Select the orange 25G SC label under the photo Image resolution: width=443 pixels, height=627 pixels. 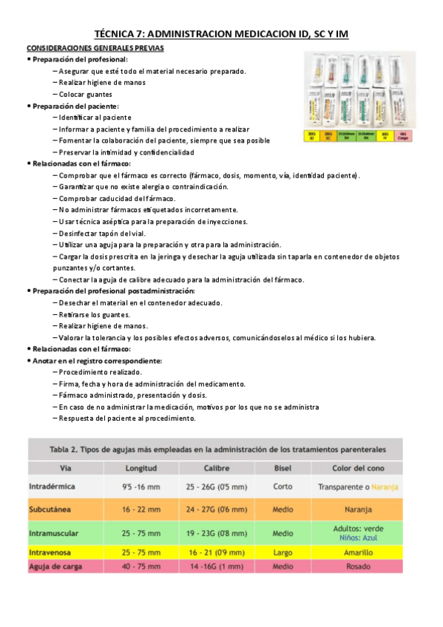327,135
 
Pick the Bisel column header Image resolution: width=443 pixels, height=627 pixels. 283,468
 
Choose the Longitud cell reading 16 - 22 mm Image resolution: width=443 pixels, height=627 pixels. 141,510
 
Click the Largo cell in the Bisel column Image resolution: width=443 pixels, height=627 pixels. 283,552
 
